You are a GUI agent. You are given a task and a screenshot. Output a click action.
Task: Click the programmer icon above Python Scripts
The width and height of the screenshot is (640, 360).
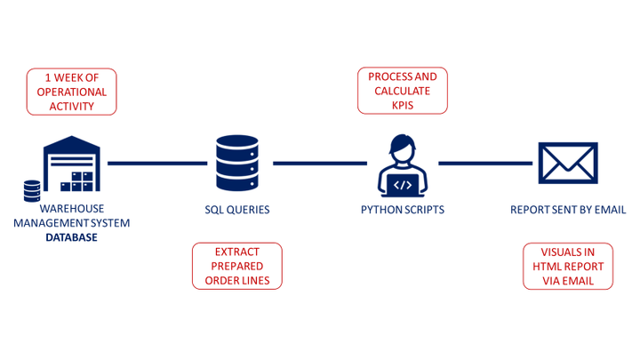(403, 165)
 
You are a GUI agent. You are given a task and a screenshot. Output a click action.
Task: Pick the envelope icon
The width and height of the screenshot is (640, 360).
(568, 163)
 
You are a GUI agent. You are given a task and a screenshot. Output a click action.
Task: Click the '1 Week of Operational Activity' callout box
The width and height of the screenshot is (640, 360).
(73, 92)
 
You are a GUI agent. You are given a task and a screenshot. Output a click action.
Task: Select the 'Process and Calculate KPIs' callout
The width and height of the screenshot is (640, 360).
(403, 92)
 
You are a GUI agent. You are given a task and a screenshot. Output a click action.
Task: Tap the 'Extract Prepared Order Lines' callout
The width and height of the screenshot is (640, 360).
(237, 266)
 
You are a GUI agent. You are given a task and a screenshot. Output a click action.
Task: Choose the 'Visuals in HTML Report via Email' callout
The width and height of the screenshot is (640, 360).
(567, 266)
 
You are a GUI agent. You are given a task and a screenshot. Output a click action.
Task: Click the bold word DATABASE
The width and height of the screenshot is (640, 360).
(72, 238)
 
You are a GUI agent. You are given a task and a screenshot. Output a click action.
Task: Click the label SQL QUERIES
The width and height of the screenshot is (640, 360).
(236, 211)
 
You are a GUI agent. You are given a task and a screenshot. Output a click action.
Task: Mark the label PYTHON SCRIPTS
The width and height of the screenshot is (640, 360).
(403, 211)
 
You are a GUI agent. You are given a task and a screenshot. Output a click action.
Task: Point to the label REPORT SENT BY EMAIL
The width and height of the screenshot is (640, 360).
(568, 211)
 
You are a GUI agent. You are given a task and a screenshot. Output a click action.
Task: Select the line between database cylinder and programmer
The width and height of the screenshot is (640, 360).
(319, 164)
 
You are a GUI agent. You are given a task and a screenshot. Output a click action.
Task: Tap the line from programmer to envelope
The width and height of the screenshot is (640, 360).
(484, 164)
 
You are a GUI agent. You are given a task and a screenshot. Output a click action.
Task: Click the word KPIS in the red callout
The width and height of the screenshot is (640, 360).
(403, 105)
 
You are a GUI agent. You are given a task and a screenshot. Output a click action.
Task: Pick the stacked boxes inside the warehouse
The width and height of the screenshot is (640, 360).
(77, 180)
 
